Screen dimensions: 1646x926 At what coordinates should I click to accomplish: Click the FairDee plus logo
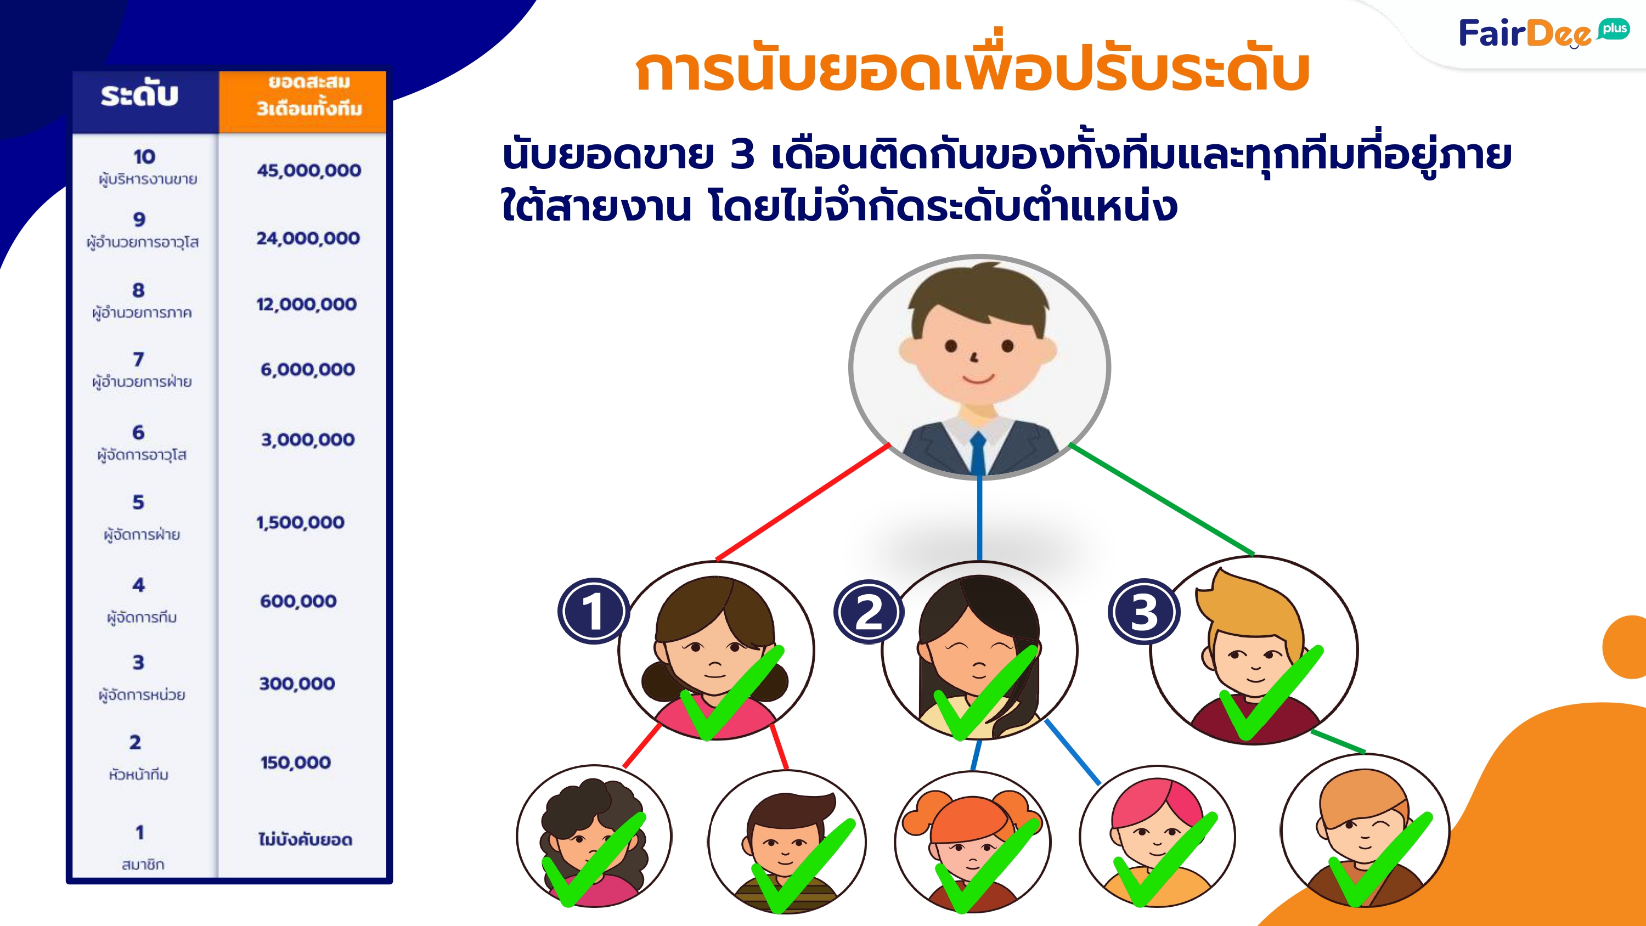pyautogui.click(x=1543, y=33)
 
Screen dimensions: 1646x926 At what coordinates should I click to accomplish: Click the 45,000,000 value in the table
pyautogui.click(x=308, y=171)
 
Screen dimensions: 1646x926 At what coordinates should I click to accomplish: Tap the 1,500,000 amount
pyautogui.click(x=300, y=523)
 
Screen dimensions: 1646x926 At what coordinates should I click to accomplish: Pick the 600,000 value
pyautogui.click(x=298, y=601)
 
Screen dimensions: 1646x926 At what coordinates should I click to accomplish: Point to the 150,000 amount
pyautogui.click(x=295, y=763)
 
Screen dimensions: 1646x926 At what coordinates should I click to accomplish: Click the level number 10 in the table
pyautogui.click(x=144, y=156)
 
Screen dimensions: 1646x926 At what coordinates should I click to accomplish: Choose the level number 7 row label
pyautogui.click(x=139, y=359)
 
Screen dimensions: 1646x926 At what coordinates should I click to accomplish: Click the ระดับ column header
pyautogui.click(x=139, y=94)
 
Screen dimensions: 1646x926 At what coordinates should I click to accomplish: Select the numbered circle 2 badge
pyautogui.click(x=869, y=612)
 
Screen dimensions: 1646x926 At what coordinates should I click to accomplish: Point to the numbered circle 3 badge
pyautogui.click(x=1144, y=612)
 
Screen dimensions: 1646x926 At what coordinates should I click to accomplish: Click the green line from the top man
pyautogui.click(x=1162, y=499)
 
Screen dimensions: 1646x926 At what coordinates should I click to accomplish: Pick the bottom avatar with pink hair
pyautogui.click(x=1157, y=837)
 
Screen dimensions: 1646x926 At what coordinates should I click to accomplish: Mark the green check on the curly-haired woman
pyautogui.click(x=594, y=860)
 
